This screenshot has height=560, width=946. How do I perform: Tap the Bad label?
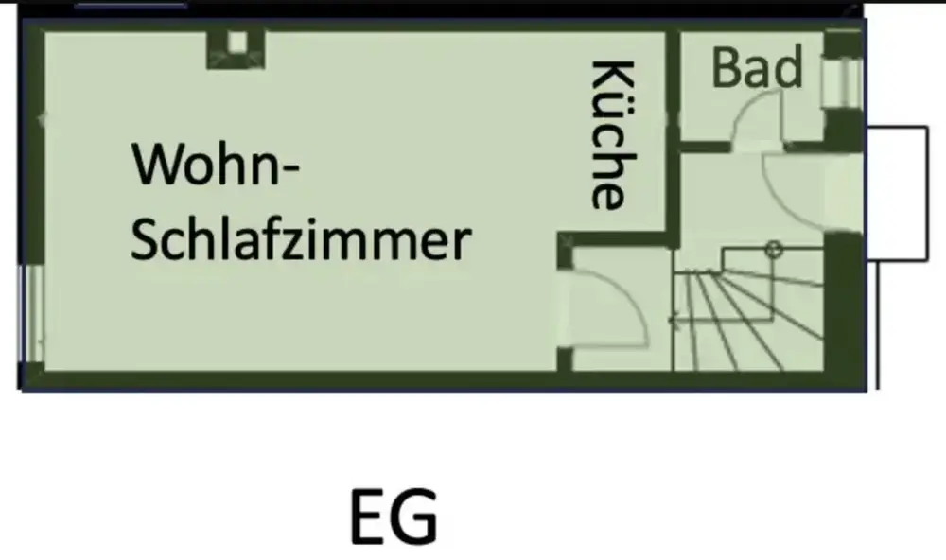click(x=757, y=68)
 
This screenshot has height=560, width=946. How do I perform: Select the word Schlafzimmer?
click(x=300, y=241)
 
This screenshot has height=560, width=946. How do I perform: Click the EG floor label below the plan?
click(x=394, y=517)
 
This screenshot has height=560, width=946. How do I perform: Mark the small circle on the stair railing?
click(x=774, y=251)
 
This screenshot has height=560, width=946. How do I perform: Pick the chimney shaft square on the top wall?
click(x=236, y=44)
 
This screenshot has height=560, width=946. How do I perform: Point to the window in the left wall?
click(x=30, y=312)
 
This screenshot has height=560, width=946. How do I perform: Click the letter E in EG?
click(x=369, y=517)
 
